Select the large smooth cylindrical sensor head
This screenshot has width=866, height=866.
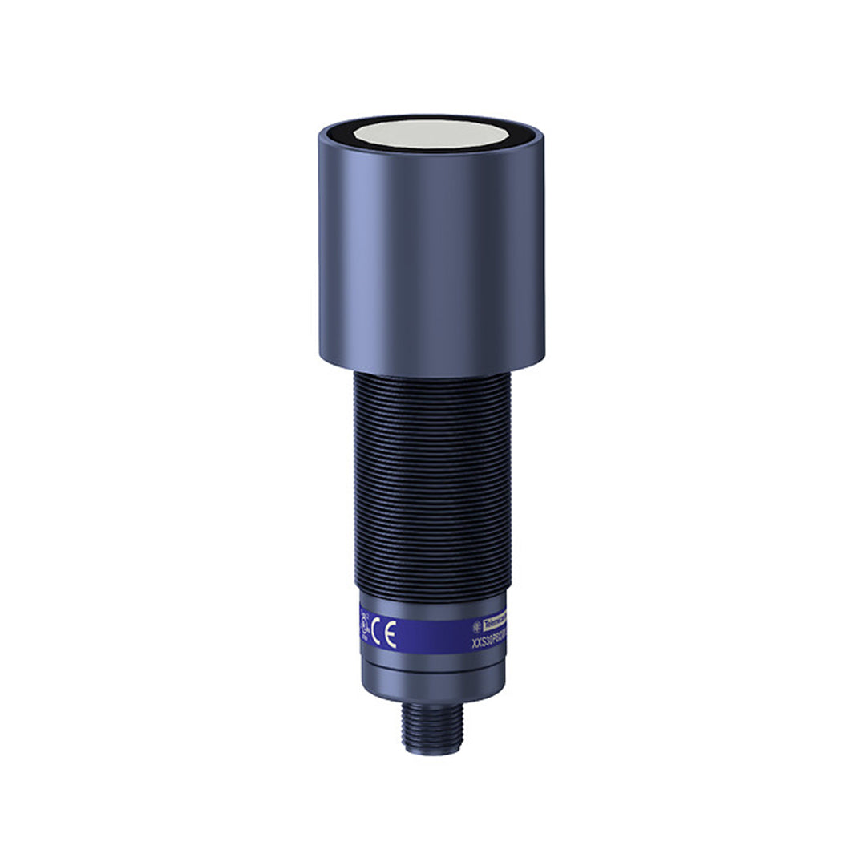click(x=431, y=257)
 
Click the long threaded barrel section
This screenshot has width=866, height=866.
click(x=431, y=481)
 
